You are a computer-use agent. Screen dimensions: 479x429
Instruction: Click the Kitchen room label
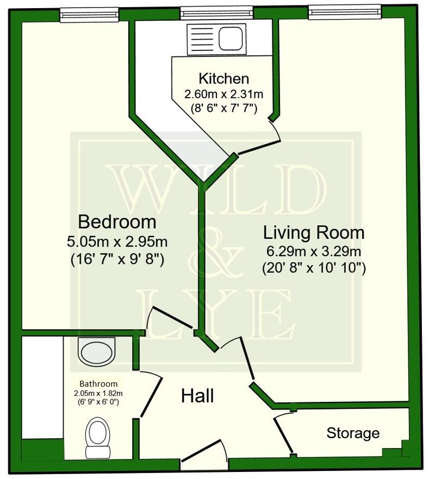[223, 78]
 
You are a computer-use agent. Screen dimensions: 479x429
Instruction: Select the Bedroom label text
[117, 222]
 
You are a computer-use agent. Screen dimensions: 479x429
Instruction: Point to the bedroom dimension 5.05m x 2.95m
[117, 241]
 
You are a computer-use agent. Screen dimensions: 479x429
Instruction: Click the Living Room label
[314, 233]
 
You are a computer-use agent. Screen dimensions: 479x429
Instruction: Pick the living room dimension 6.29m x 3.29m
[314, 252]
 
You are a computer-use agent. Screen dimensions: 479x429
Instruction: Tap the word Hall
[197, 396]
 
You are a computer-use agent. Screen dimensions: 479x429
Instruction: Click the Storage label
[353, 433]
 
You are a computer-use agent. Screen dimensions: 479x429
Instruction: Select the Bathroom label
[98, 383]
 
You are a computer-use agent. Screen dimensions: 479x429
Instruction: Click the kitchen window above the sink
[216, 12]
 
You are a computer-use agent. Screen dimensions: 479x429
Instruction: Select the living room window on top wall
[344, 12]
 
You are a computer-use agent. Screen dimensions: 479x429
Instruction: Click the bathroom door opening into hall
[150, 394]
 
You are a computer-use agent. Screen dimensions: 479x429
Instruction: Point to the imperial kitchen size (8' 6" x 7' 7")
[223, 107]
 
